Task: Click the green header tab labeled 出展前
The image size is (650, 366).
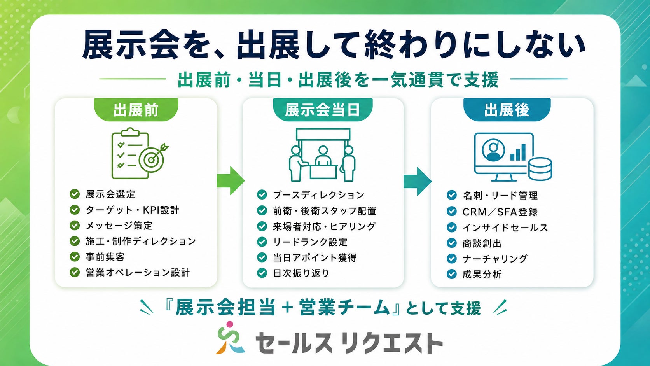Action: (136, 110)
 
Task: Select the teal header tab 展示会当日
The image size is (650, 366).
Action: (323, 110)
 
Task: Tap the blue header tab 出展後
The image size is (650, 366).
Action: (507, 110)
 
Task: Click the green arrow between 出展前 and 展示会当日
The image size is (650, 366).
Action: (231, 180)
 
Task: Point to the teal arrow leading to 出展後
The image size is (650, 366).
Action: (417, 181)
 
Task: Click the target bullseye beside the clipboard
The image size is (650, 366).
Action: (152, 159)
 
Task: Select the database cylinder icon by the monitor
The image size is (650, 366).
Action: (540, 169)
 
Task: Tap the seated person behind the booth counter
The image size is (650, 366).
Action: (323, 156)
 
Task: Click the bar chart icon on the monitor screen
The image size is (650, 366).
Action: (518, 153)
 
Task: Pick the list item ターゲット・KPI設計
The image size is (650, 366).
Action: (132, 210)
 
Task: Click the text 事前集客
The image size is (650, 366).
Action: (105, 257)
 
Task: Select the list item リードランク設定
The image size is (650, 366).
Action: (310, 242)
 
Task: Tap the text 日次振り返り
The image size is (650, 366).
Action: (301, 273)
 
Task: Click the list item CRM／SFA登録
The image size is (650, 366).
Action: (500, 212)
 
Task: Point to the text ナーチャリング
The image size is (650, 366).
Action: (495, 259)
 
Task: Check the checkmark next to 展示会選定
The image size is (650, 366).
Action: (75, 194)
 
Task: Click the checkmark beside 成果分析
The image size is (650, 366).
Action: (451, 274)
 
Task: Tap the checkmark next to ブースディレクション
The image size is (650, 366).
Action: (262, 194)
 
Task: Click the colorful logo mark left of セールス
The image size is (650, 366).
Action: (230, 338)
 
